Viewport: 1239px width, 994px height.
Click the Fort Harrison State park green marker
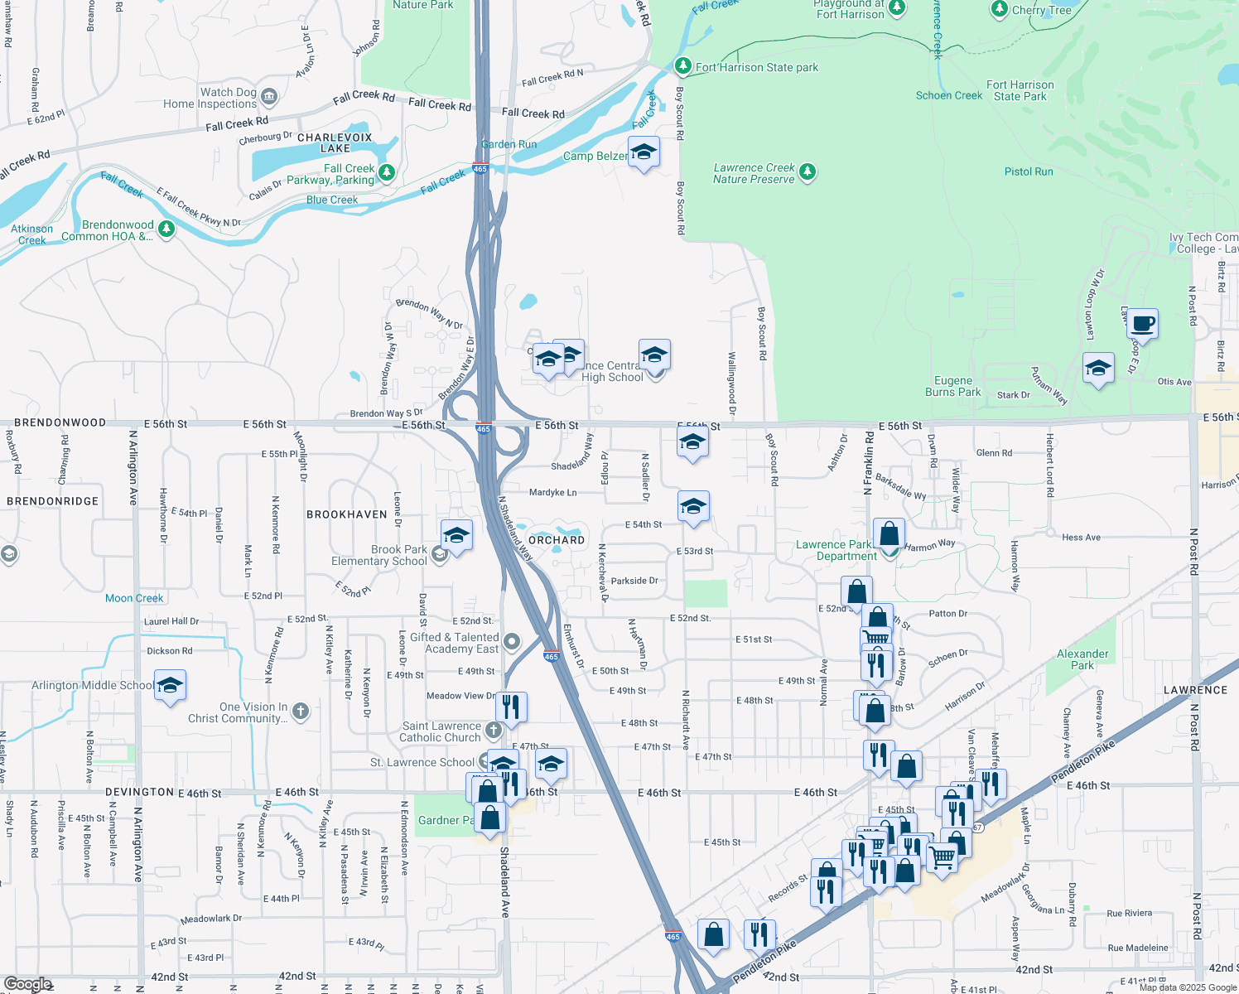[682, 65]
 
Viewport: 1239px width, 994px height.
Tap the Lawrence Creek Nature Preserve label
[754, 173]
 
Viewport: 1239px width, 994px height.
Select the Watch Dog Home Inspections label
[210, 99]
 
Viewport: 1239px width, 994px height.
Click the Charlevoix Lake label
[335, 142]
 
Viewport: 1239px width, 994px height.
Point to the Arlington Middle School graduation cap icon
[170, 686]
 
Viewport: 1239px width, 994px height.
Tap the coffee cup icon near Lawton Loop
[1142, 324]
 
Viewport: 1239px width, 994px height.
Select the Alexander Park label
[1082, 659]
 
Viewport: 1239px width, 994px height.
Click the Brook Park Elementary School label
[379, 555]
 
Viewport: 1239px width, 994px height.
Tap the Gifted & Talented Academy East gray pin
[512, 641]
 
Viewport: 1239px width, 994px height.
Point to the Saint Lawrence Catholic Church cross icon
[494, 730]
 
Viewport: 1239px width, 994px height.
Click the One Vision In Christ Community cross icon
[301, 710]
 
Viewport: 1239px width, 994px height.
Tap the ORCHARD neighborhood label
[557, 540]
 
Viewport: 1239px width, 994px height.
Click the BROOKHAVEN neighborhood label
[347, 514]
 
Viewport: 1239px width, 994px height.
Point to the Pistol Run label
[1029, 171]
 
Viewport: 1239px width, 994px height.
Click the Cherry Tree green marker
[1000, 10]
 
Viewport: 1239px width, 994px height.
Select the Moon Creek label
[134, 598]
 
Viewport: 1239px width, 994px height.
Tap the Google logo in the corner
[27, 984]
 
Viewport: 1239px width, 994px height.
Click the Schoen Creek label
[948, 95]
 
